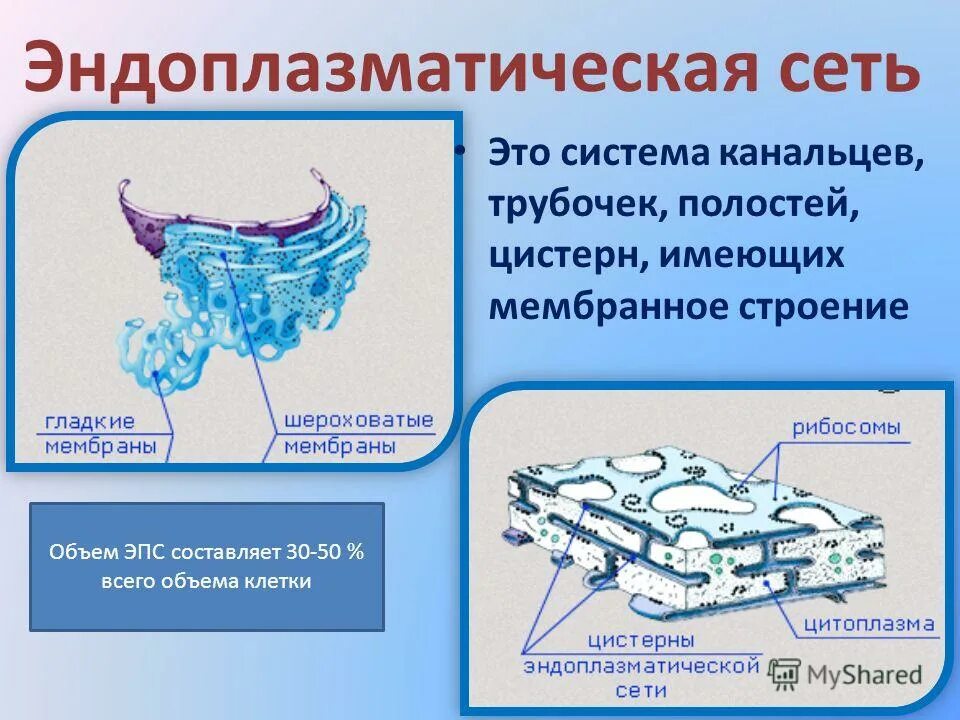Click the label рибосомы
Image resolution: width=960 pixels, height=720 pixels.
tap(846, 428)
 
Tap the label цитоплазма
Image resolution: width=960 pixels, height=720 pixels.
tap(869, 626)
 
